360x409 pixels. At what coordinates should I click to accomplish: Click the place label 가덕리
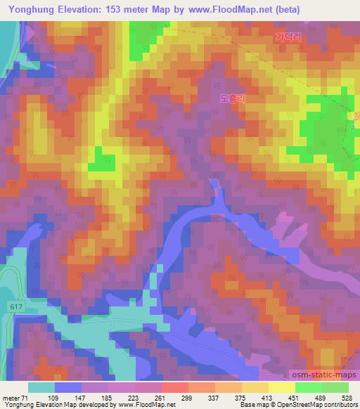289,39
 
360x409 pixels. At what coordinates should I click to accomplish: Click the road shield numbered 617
16,306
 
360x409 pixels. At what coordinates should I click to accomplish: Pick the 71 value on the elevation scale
27,397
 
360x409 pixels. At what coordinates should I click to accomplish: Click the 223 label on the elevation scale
133,397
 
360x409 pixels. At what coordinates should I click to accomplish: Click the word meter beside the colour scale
11,397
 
